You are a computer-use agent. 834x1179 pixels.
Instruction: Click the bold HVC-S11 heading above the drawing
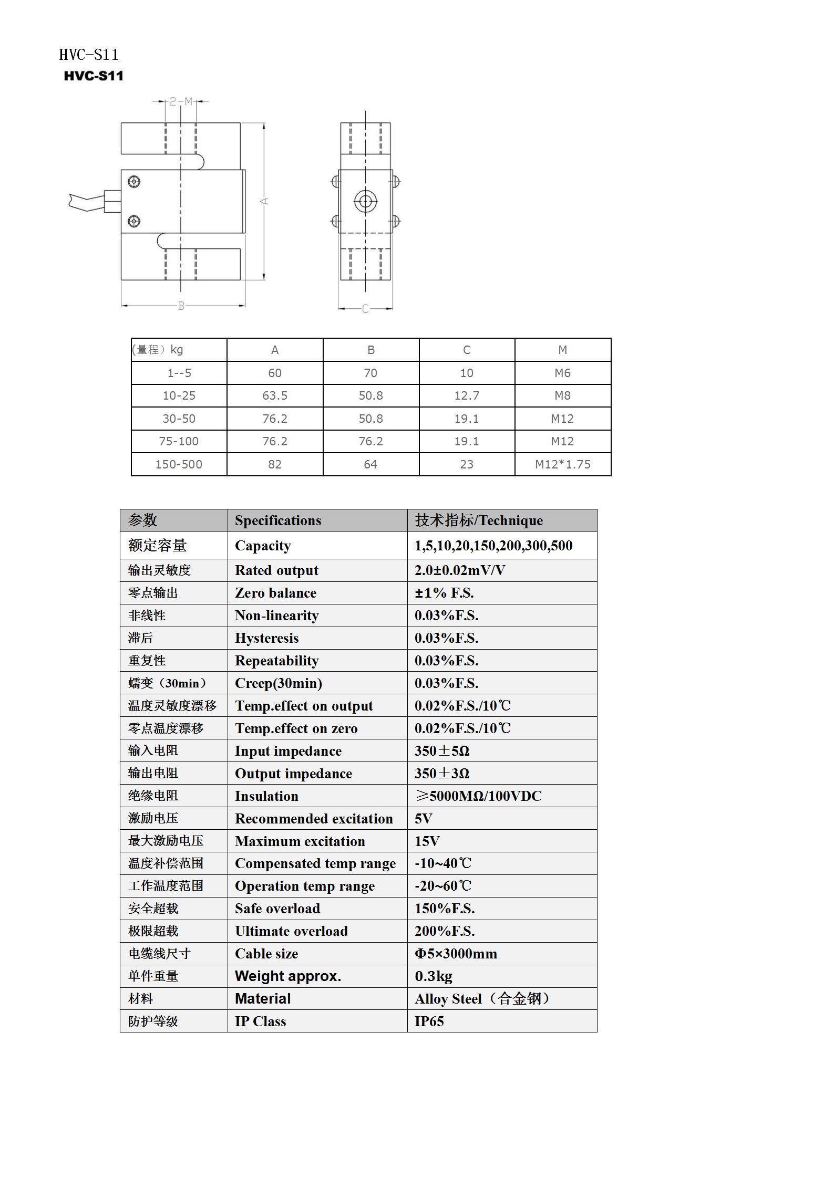[94, 76]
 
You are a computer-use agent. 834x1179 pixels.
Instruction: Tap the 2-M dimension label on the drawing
[181, 101]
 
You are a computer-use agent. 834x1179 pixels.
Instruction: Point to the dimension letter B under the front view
[181, 306]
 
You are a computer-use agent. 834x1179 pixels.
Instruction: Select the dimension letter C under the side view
[365, 309]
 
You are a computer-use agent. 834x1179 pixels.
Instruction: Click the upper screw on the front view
[134, 182]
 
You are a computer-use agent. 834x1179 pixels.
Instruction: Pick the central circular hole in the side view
[365, 201]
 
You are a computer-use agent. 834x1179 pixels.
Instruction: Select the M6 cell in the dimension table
[562, 373]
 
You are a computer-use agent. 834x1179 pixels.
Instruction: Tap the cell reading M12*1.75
[562, 464]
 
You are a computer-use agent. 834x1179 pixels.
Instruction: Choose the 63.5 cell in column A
[275, 395]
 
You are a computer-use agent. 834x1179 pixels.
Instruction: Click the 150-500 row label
[179, 464]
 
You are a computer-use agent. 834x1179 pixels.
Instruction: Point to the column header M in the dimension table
[562, 350]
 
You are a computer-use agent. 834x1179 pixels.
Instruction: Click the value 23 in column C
[467, 464]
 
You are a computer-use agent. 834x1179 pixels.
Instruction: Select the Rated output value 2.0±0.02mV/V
[460, 570]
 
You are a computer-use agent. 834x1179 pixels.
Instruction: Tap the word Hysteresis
[266, 638]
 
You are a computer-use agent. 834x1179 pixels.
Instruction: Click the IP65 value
[429, 1021]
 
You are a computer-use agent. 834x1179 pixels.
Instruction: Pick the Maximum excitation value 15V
[427, 841]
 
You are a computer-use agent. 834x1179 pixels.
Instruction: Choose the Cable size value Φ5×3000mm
[456, 954]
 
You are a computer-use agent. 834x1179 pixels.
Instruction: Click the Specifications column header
[278, 520]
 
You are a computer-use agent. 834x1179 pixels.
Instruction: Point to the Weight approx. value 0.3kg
[433, 976]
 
